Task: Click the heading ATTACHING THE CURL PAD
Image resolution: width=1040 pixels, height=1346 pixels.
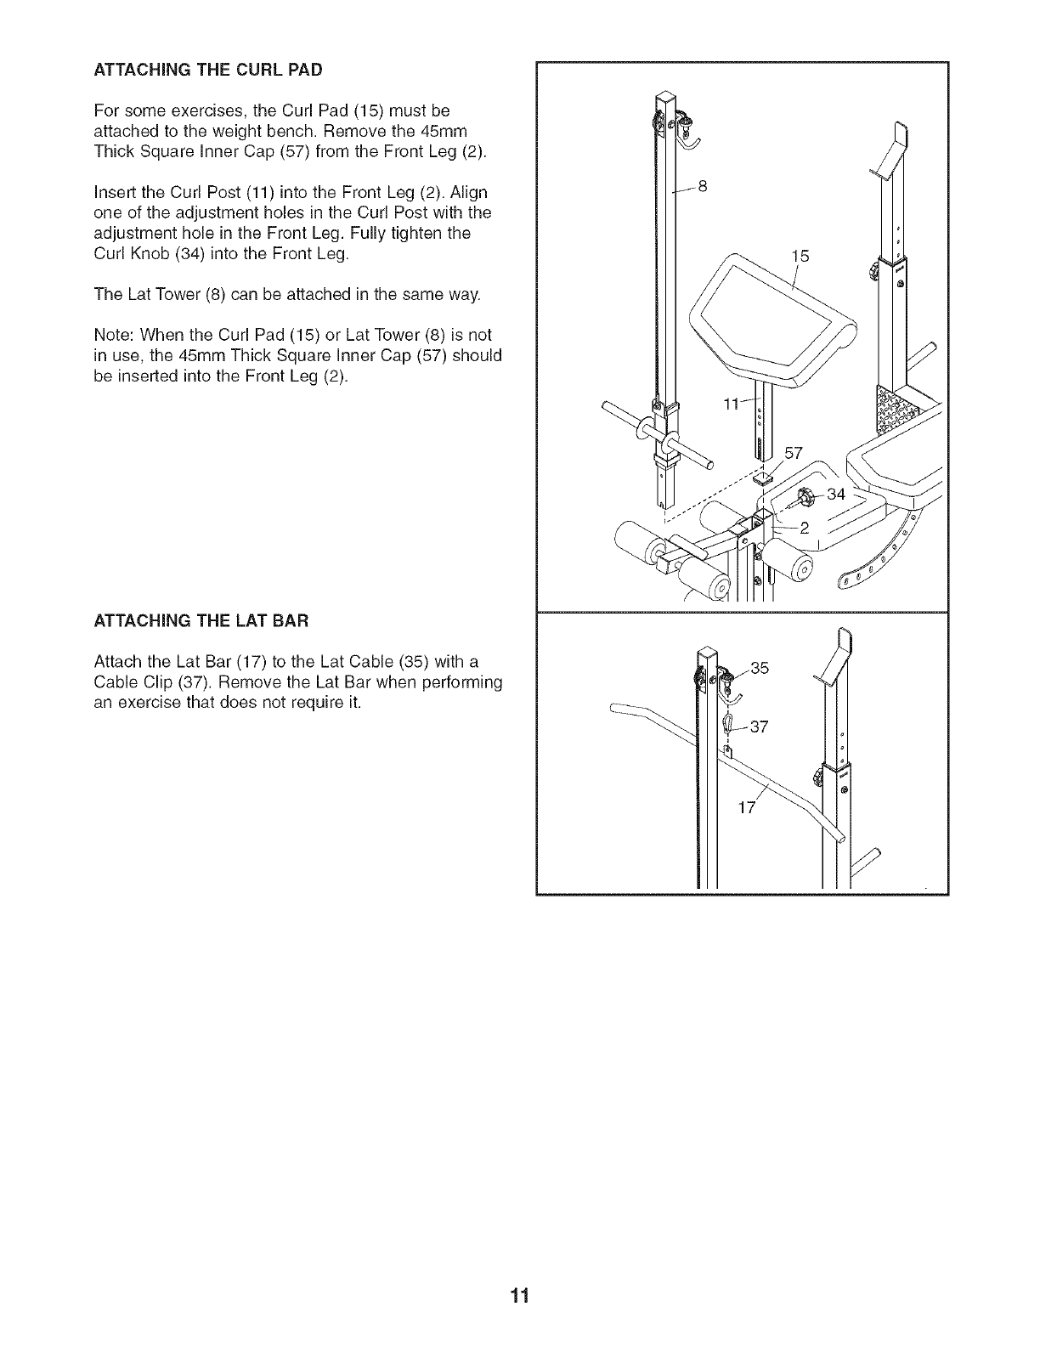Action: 208,70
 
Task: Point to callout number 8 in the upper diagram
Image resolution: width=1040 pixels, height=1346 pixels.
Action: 702,187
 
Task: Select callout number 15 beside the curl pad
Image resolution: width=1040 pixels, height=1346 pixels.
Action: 800,255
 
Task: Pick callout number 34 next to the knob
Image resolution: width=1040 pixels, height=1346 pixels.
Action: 836,494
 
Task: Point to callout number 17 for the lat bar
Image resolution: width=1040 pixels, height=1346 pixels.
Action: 746,807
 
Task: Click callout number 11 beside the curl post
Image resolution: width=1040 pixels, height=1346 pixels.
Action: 732,404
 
